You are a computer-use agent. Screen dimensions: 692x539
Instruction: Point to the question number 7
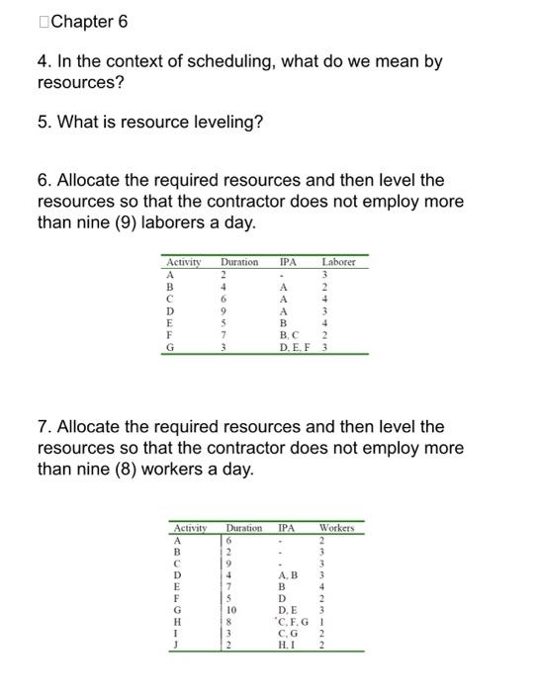point(44,427)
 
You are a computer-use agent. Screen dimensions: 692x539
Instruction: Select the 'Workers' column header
point(337,528)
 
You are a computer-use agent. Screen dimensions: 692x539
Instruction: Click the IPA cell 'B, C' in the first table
point(290,335)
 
